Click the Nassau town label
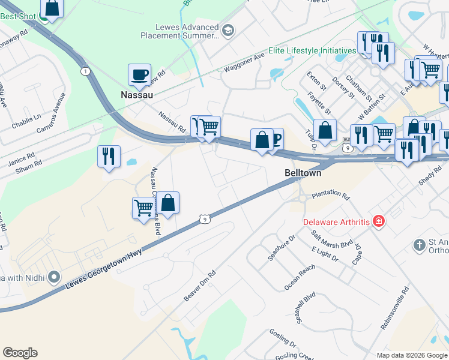pyautogui.click(x=137, y=95)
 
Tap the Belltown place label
pyautogui.click(x=303, y=173)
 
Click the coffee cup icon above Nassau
pyautogui.click(x=139, y=75)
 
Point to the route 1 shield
pyautogui.click(x=85, y=71)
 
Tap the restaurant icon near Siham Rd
pyautogui.click(x=109, y=156)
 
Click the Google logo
pyautogui.click(x=20, y=353)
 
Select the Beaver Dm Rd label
pyautogui.click(x=199, y=286)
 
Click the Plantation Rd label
pyautogui.click(x=330, y=196)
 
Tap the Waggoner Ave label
pyautogui.click(x=244, y=64)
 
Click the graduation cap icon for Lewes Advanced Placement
pyautogui.click(x=228, y=30)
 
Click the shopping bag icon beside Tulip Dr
pyautogui.click(x=325, y=130)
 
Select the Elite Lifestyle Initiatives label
pyautogui.click(x=312, y=50)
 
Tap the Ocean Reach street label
pyautogui.click(x=300, y=278)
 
